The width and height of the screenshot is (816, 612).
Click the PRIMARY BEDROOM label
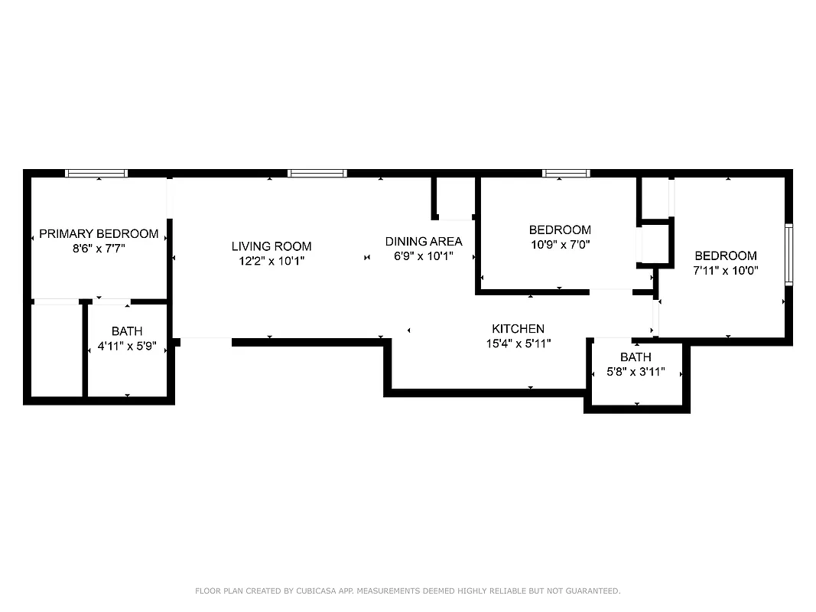pyautogui.click(x=99, y=234)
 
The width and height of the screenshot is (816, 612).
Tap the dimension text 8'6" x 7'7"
pyautogui.click(x=99, y=248)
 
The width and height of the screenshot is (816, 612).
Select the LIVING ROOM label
pyautogui.click(x=271, y=246)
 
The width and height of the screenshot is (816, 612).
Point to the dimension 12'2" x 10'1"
pyautogui.click(x=271, y=261)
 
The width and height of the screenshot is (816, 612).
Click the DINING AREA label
pyautogui.click(x=424, y=242)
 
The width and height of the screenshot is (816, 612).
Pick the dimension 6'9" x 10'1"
pyautogui.click(x=424, y=256)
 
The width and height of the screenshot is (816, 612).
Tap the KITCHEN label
pyautogui.click(x=518, y=329)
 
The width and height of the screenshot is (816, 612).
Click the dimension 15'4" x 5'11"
pyautogui.click(x=518, y=343)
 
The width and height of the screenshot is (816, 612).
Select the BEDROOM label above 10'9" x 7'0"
pyautogui.click(x=560, y=229)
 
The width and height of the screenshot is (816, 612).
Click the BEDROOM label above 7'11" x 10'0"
pyautogui.click(x=726, y=256)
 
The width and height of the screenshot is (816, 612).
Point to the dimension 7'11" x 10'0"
pyautogui.click(x=726, y=270)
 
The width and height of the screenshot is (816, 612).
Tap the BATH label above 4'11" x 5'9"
pyautogui.click(x=127, y=331)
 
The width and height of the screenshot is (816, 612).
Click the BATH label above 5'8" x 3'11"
pyautogui.click(x=636, y=357)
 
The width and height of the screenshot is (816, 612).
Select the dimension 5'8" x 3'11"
pyautogui.click(x=636, y=372)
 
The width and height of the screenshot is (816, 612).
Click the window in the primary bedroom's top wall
pyautogui.click(x=96, y=174)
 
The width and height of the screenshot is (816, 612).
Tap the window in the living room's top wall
pyautogui.click(x=317, y=174)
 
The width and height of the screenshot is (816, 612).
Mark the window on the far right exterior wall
pyautogui.click(x=788, y=255)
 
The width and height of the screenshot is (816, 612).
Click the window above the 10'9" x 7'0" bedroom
pyautogui.click(x=566, y=174)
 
